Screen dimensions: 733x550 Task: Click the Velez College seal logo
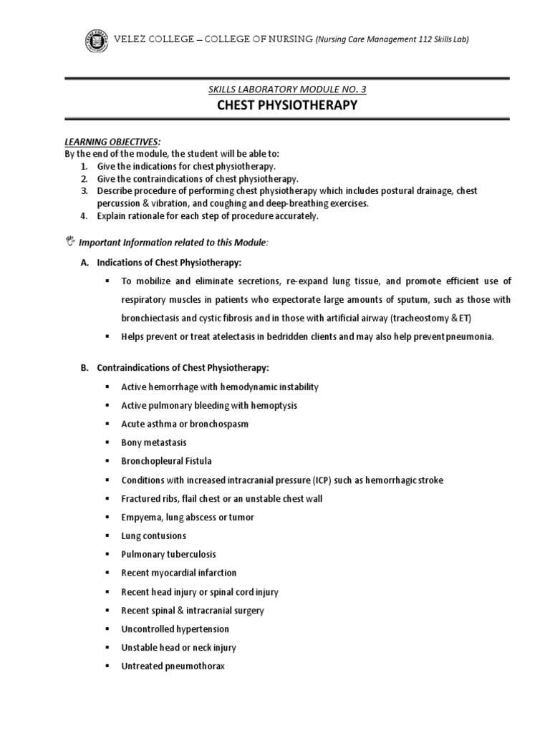[92, 39]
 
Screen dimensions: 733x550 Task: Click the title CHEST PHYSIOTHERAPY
[286, 106]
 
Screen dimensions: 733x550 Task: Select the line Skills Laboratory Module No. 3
[286, 89]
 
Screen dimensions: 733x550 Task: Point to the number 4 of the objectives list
[83, 215]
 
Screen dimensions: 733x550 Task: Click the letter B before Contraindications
[83, 368]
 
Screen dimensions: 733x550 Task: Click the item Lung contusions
[153, 535]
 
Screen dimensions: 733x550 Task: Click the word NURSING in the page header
[285, 39]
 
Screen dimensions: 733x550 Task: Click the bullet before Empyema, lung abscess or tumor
[106, 517]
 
